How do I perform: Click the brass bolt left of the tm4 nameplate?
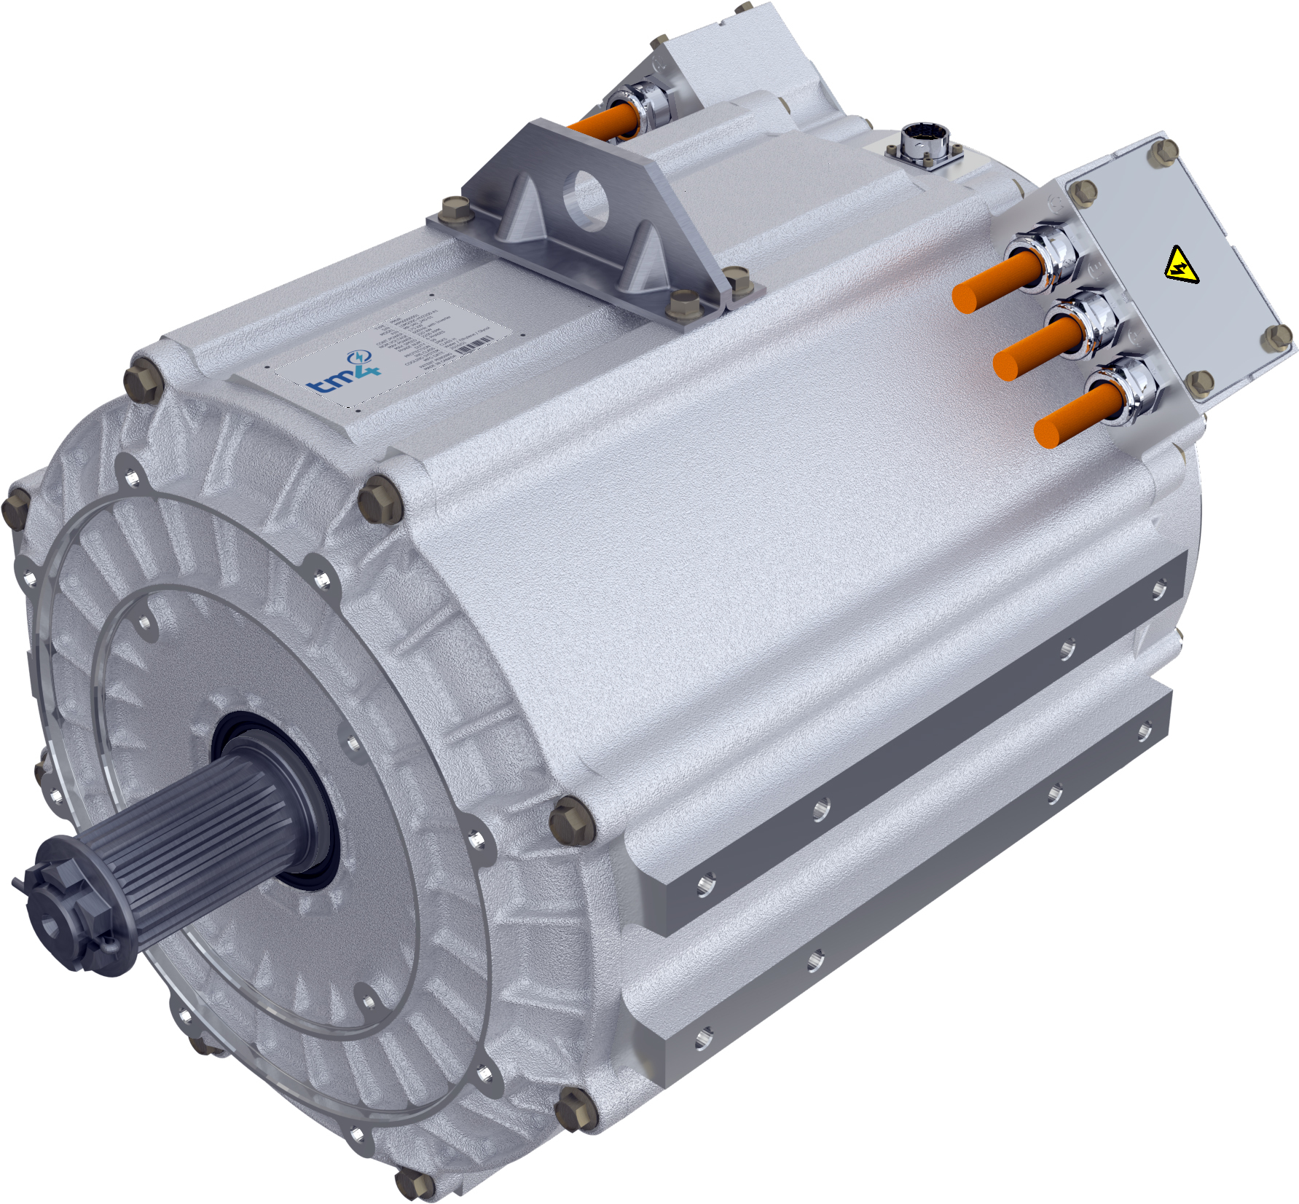coord(144,379)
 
